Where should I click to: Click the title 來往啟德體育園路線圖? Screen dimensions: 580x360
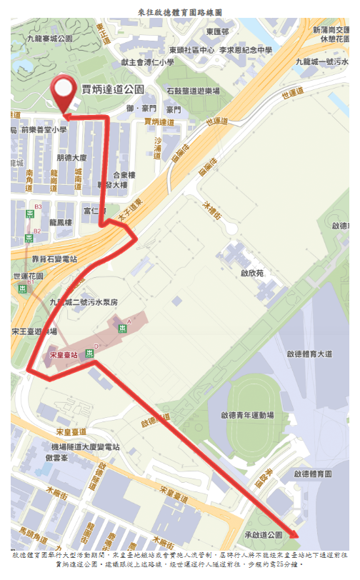pyautogui.click(x=180, y=12)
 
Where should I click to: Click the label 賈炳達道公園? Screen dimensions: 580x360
pyautogui.click(x=113, y=90)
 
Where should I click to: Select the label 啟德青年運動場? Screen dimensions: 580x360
pyautogui.click(x=247, y=414)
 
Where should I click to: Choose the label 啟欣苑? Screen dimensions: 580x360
pyautogui.click(x=251, y=273)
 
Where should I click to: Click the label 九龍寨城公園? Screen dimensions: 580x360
pyautogui.click(x=50, y=39)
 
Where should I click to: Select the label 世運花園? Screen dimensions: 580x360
pyautogui.click(x=29, y=276)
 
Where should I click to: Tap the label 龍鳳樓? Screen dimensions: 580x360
pyautogui.click(x=61, y=223)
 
